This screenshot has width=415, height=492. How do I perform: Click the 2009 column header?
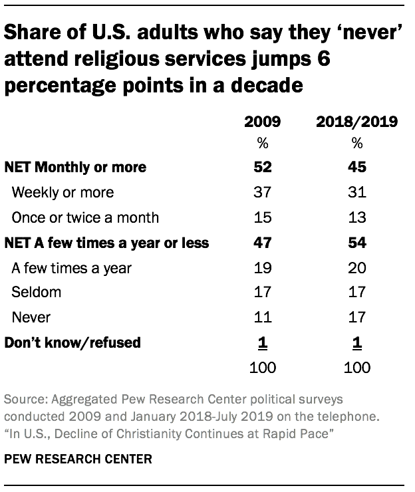click(262, 122)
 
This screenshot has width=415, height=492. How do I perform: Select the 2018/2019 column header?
click(356, 122)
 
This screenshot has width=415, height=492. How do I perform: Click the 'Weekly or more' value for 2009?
click(262, 192)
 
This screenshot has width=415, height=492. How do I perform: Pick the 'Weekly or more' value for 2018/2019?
click(356, 192)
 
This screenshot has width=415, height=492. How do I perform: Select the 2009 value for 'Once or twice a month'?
click(262, 217)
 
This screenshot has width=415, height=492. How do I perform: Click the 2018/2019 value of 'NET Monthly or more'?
click(356, 168)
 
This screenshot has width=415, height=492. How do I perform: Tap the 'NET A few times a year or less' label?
click(106, 243)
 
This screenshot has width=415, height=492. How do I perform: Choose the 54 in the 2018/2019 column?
click(356, 243)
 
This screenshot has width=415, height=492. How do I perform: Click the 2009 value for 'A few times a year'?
click(262, 268)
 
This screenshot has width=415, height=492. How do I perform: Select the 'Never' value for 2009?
click(262, 318)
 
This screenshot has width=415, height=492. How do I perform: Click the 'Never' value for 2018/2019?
click(356, 318)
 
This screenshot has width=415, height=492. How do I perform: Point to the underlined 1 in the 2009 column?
click(262, 343)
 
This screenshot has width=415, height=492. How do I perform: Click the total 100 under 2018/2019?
click(356, 368)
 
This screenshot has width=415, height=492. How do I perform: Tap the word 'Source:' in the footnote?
click(25, 402)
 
